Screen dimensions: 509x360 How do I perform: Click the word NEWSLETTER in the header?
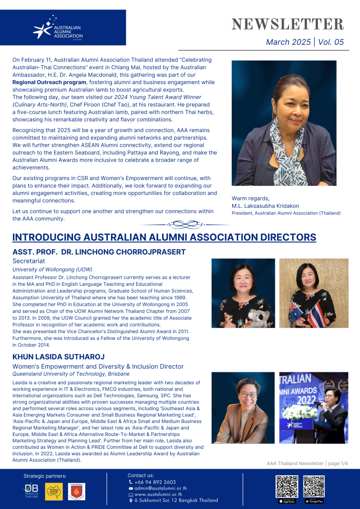click(288, 24)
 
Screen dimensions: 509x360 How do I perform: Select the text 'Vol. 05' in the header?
click(331, 42)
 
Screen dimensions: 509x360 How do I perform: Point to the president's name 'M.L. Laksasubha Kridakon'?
click(265, 206)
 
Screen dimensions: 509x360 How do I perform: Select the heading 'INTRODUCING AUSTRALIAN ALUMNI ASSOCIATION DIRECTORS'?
click(164, 237)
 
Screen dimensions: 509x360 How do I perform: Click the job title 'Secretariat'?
click(28, 260)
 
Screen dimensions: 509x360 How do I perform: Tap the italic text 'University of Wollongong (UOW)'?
click(52, 269)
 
